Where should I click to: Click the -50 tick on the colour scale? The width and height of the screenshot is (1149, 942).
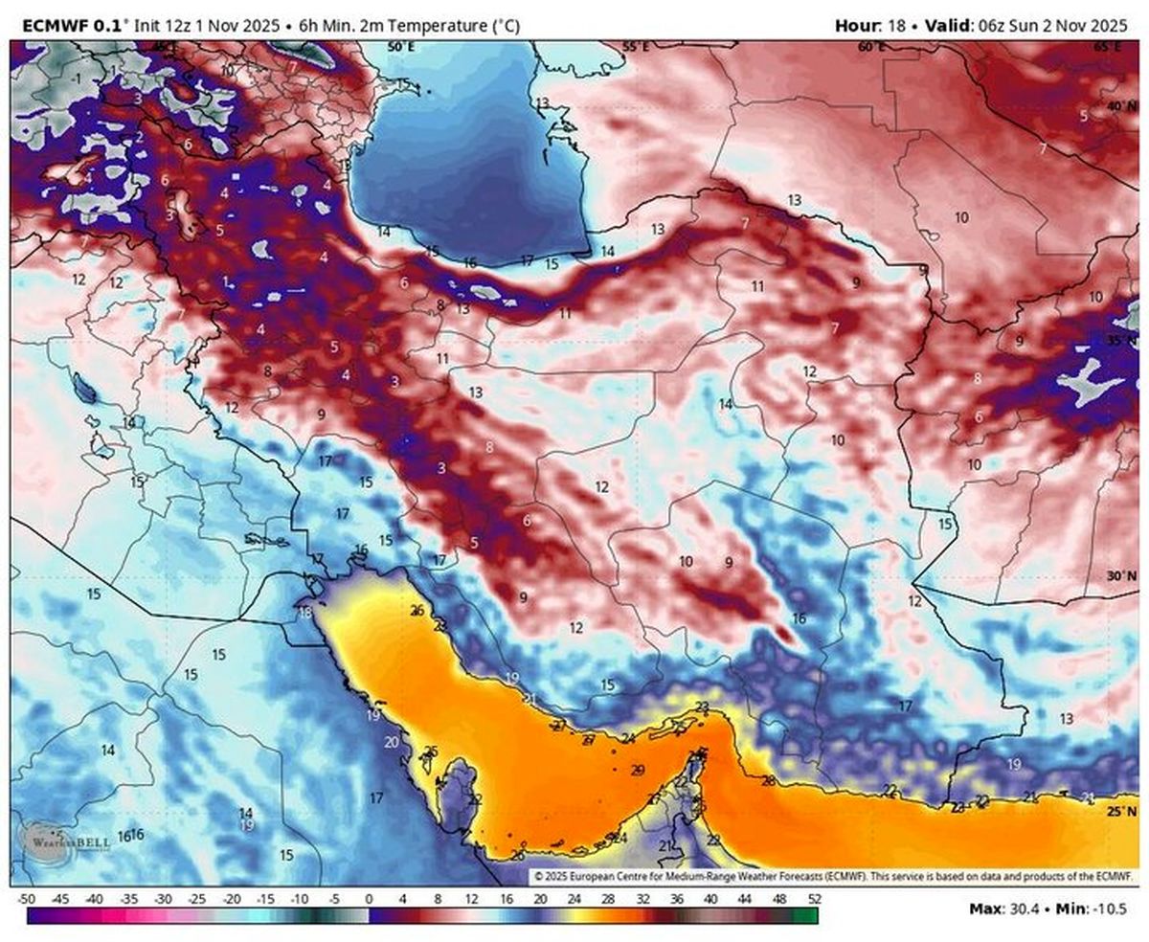tap(27, 899)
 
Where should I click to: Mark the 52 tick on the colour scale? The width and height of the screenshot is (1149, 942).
tap(814, 899)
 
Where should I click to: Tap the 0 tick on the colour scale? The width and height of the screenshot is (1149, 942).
tap(369, 899)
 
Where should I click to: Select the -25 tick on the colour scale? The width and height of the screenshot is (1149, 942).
tap(198, 899)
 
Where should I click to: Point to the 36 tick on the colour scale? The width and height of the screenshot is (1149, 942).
tap(677, 899)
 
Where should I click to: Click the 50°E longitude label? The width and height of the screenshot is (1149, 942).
tap(400, 46)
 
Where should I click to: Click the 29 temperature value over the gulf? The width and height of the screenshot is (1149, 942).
tap(639, 771)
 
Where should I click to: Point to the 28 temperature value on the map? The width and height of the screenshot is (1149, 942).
tap(768, 781)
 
